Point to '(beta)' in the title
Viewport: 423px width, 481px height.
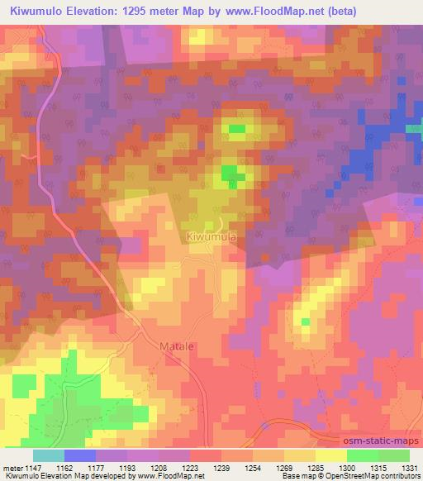tap(396, 11)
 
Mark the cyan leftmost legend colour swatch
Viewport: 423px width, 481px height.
tap(48, 455)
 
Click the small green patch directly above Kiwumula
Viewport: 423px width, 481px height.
tap(229, 174)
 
